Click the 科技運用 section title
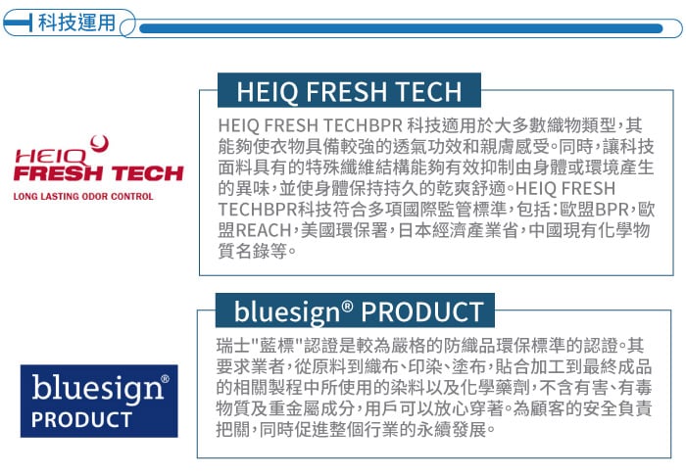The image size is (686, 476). coord(76,23)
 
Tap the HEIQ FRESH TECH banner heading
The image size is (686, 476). coord(349,91)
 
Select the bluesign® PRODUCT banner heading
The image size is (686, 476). coord(359,311)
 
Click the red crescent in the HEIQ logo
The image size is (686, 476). coord(100,144)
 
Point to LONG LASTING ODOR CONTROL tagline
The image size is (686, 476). coord(83,196)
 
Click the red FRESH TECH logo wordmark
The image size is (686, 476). coord(98,173)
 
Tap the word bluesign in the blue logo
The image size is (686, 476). coord(97,388)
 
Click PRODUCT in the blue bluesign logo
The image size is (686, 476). coord(81,419)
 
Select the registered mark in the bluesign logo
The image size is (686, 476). coord(166,378)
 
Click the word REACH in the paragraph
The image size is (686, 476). coord(264,230)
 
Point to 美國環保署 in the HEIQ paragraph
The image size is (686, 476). coord(344,230)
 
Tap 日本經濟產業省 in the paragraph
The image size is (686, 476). coord(458,230)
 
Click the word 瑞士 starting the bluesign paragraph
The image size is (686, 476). coord(233,346)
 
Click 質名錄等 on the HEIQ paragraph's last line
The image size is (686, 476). coord(253,251)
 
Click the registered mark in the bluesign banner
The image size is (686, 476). coord(347,306)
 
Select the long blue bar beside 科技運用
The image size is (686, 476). coord(401,28)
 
